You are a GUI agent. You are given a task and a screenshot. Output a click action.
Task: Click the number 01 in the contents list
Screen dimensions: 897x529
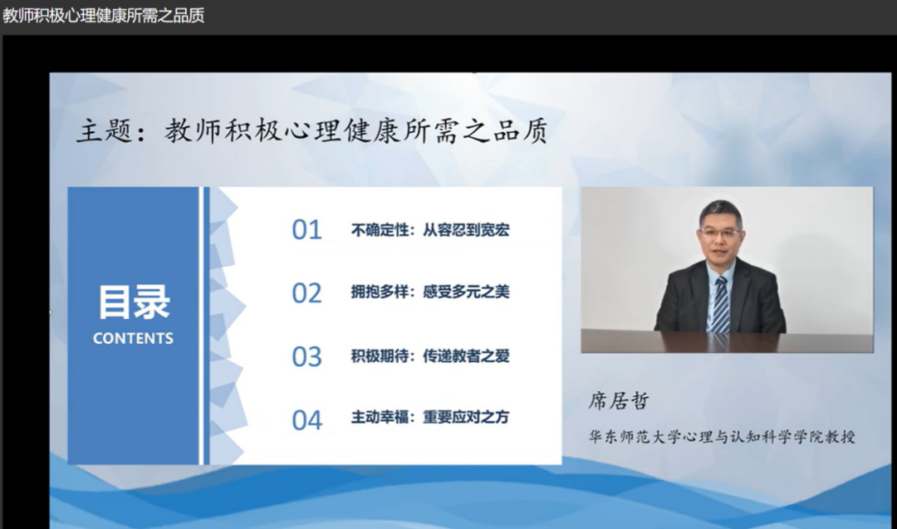tap(306, 230)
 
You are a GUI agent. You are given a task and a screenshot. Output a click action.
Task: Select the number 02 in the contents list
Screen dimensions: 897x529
tap(306, 293)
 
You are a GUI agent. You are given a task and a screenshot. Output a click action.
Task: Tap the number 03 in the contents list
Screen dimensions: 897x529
tap(306, 357)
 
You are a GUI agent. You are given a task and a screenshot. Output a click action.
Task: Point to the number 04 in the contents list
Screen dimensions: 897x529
tap(306, 420)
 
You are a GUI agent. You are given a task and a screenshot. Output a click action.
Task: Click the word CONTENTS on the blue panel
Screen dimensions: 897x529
tap(133, 339)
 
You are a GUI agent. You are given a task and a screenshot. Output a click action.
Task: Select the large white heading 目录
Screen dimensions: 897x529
tap(135, 302)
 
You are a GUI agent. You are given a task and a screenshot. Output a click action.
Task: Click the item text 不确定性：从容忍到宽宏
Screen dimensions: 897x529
tap(430, 230)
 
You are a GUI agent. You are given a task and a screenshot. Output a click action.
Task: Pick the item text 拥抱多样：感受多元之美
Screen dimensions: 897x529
tap(430, 292)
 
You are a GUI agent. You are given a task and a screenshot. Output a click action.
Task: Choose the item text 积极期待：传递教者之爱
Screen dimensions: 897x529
tap(430, 356)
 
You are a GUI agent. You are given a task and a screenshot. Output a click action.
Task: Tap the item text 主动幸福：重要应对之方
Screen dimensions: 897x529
tap(430, 418)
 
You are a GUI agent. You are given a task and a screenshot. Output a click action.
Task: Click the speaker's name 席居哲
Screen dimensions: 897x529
tap(619, 401)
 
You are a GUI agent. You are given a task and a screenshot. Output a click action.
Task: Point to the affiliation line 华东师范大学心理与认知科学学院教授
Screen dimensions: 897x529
tap(722, 437)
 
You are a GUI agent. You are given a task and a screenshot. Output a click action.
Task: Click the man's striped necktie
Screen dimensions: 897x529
tap(721, 305)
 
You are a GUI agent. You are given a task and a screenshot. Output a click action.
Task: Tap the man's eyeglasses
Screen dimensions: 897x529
tap(720, 233)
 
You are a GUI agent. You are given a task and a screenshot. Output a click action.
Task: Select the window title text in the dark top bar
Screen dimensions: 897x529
tap(104, 16)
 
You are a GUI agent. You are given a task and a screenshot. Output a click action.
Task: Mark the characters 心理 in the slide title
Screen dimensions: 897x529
tap(311, 131)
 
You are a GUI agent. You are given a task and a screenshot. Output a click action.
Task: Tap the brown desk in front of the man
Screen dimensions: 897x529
tap(727, 341)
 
